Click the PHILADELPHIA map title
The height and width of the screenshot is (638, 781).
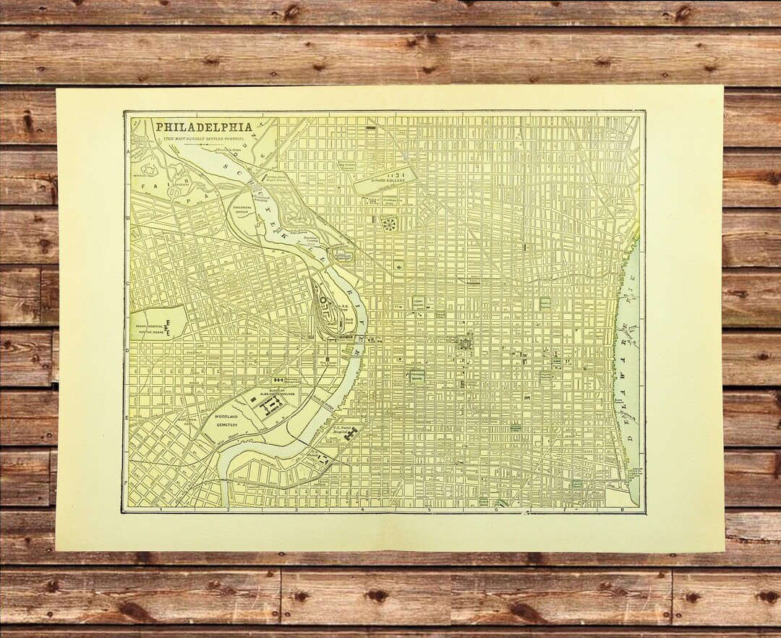tap(200, 126)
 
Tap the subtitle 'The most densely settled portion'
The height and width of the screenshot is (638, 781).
tap(202, 137)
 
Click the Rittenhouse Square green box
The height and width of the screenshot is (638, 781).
tap(417, 376)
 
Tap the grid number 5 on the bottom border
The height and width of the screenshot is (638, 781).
tap(429, 510)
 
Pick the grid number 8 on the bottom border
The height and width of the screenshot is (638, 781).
tap(621, 510)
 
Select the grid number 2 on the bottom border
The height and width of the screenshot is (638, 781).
tap(228, 510)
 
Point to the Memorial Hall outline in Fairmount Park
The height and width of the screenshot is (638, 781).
tap(149, 170)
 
